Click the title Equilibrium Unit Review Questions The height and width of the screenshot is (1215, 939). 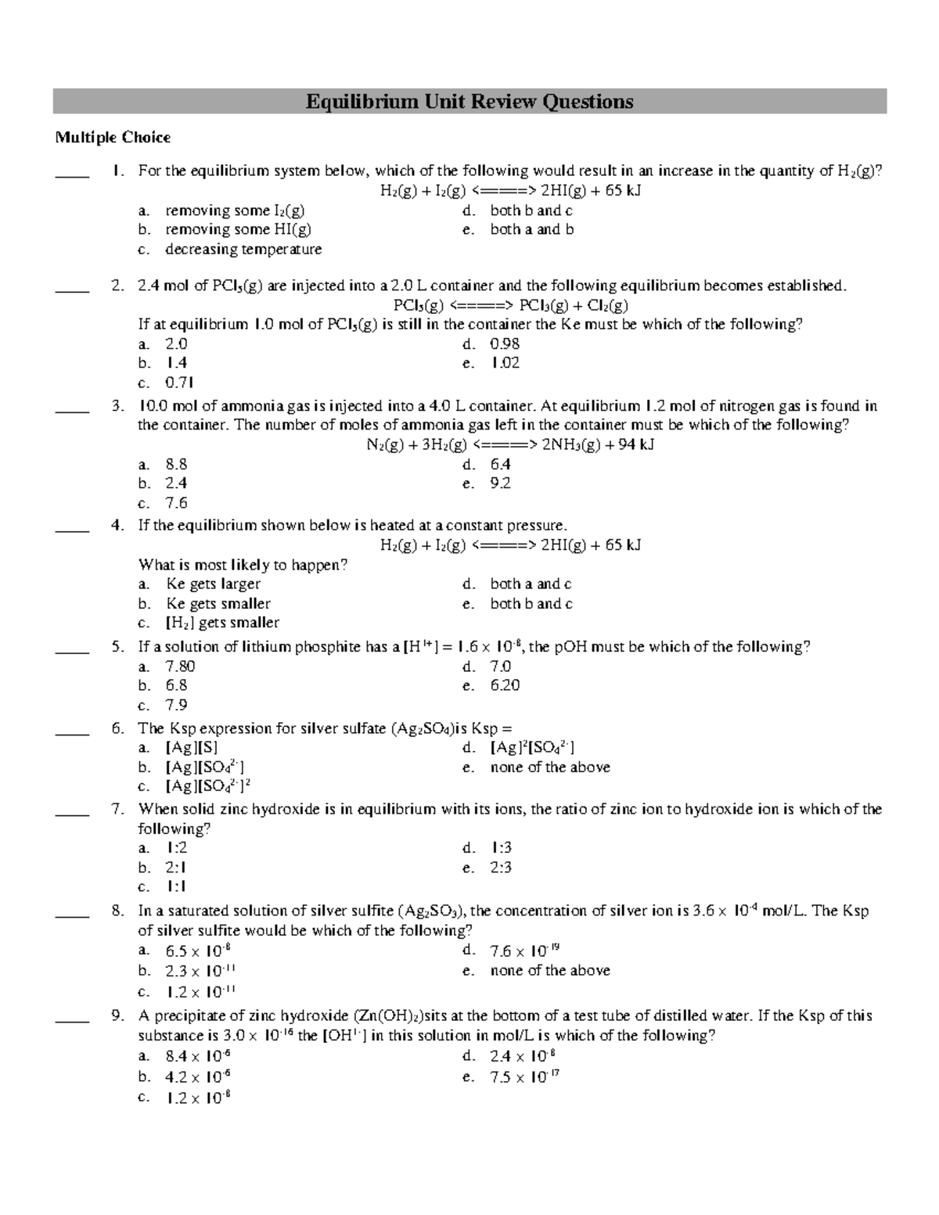tap(469, 102)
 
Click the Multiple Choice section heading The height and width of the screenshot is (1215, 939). tap(112, 138)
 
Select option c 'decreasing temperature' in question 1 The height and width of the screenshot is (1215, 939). tap(243, 249)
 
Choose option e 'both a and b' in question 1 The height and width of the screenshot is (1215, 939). tap(531, 229)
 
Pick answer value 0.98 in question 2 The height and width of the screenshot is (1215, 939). tap(505, 343)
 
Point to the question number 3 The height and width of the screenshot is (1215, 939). tap(117, 406)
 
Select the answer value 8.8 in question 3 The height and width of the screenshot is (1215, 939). tap(176, 464)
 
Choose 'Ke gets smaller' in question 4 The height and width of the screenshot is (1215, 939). tap(218, 603)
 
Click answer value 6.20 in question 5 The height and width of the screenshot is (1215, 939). tap(505, 685)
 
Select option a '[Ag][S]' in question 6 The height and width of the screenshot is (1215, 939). tap(192, 748)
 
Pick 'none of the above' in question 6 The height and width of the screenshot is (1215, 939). tap(549, 767)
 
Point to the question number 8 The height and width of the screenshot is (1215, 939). tap(117, 911)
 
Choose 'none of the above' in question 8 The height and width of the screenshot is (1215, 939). tap(549, 970)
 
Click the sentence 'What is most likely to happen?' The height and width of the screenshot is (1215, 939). tap(243, 565)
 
